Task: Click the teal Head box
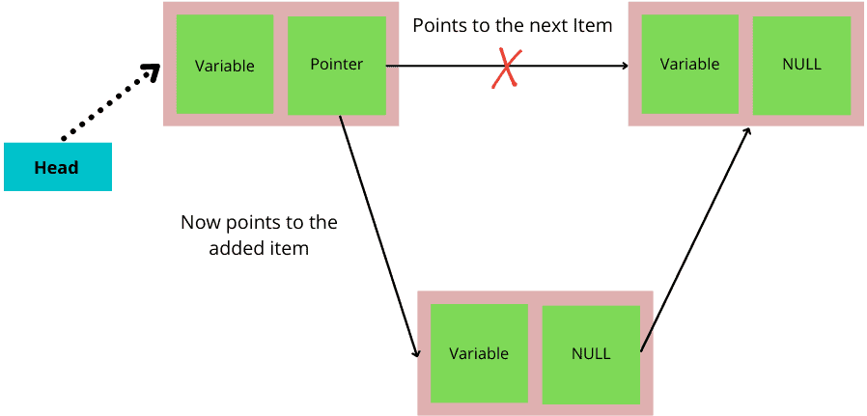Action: (x=57, y=167)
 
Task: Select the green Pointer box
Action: (x=336, y=65)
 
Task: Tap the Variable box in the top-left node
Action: (x=224, y=66)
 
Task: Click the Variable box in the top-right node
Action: (x=689, y=65)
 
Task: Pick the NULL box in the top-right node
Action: (x=801, y=65)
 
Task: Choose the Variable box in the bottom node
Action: (x=479, y=353)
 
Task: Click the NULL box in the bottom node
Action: (x=591, y=353)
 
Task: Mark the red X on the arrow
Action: (x=504, y=69)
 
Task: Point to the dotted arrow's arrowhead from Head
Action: (x=152, y=71)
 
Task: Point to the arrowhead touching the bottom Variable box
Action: (x=416, y=352)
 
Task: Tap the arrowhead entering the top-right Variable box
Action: (x=624, y=66)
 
